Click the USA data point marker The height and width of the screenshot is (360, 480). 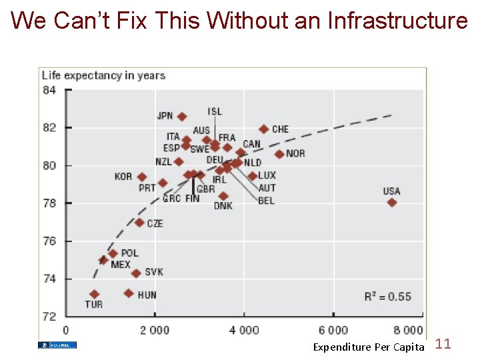(x=391, y=203)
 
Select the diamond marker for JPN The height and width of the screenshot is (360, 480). (x=182, y=117)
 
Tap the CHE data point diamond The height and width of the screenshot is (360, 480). (x=264, y=129)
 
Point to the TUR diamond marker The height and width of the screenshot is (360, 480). (x=95, y=294)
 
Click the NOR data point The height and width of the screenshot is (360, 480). (x=279, y=154)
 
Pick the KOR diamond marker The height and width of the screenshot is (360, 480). (x=142, y=177)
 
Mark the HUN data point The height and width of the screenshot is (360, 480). (x=129, y=293)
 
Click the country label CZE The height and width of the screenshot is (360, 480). (x=155, y=223)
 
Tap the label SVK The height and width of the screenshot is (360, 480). (x=154, y=272)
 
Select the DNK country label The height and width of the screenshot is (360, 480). (x=223, y=206)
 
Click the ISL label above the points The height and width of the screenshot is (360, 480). (x=215, y=111)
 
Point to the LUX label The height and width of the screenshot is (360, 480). (x=267, y=176)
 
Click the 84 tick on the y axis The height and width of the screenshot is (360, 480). (x=49, y=91)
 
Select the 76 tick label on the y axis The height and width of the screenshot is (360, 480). (x=49, y=241)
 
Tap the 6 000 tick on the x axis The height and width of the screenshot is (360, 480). (x=333, y=330)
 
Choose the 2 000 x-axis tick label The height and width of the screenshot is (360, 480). (x=154, y=330)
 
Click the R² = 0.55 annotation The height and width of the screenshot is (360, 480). (x=388, y=296)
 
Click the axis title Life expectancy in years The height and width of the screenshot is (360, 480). (x=103, y=75)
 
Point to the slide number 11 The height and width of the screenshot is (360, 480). (x=443, y=344)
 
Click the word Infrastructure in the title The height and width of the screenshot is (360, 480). (x=398, y=21)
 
